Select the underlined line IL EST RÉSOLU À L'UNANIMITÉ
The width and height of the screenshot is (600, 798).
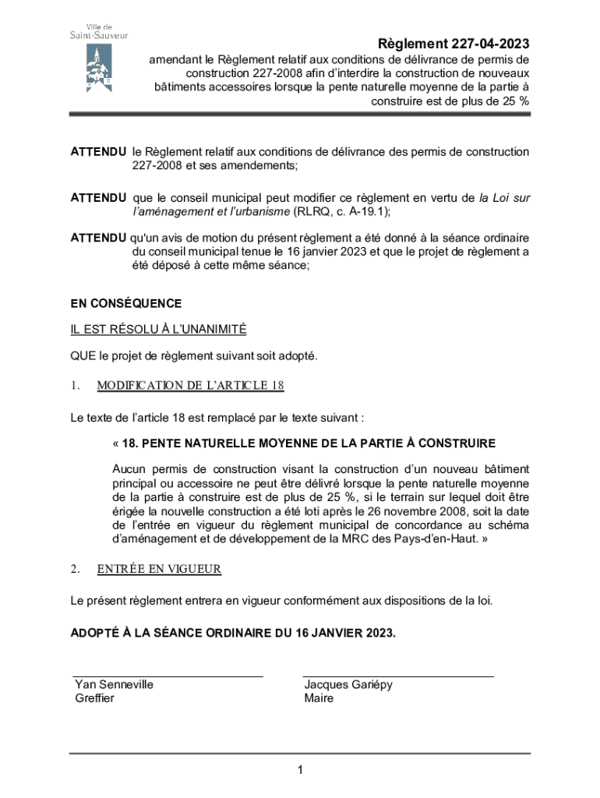pos(158,330)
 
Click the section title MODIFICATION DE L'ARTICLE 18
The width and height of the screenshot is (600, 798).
pos(190,385)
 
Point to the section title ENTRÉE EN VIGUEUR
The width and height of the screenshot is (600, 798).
pos(159,569)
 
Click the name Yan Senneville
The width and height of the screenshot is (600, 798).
pos(114,684)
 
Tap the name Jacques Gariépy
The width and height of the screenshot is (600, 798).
pos(348,684)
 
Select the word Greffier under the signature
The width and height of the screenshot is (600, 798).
pos(94,698)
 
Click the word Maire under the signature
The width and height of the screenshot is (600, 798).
pos(319,698)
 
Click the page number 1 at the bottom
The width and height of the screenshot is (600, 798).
pos(299,771)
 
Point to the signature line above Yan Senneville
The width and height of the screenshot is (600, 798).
pos(168,676)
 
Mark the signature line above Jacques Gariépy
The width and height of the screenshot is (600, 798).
pos(398,676)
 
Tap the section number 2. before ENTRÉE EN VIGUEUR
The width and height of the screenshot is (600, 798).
pos(75,569)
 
